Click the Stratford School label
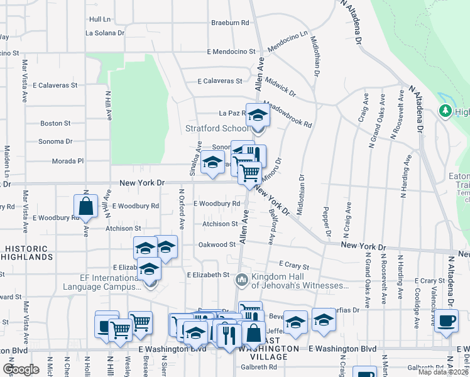pos(216,128)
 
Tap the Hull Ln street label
pos(100,19)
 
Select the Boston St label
pos(55,123)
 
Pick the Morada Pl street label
pos(68,161)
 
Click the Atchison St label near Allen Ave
pos(220,224)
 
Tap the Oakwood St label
pos(216,244)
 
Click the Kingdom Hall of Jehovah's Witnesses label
pos(300,281)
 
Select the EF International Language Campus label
pos(102,281)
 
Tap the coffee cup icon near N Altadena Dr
pos(446,320)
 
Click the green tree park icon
pos(445,111)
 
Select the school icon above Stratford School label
pos(257,115)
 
